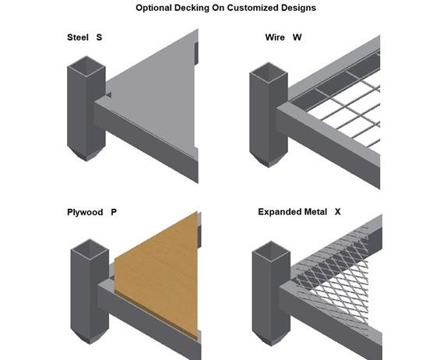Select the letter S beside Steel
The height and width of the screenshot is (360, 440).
[99, 37]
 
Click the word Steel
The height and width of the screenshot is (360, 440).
[78, 37]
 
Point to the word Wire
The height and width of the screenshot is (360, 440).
[275, 37]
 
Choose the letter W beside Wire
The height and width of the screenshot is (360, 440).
[297, 37]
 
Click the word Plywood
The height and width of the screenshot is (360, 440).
[85, 212]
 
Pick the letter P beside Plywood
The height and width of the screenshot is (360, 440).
[114, 212]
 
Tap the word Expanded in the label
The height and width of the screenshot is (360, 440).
[277, 212]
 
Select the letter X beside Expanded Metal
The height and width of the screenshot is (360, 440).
[337, 212]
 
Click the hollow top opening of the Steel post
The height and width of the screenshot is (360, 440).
[86, 66]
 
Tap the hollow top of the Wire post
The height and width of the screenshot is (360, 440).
[269, 73]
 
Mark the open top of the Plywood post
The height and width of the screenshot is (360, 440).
[90, 249]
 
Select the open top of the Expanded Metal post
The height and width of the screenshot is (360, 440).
[271, 252]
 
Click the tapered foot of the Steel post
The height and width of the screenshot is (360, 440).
[86, 154]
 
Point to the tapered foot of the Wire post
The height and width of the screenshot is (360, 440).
[269, 160]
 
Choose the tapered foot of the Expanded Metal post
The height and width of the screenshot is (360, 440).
[271, 338]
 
